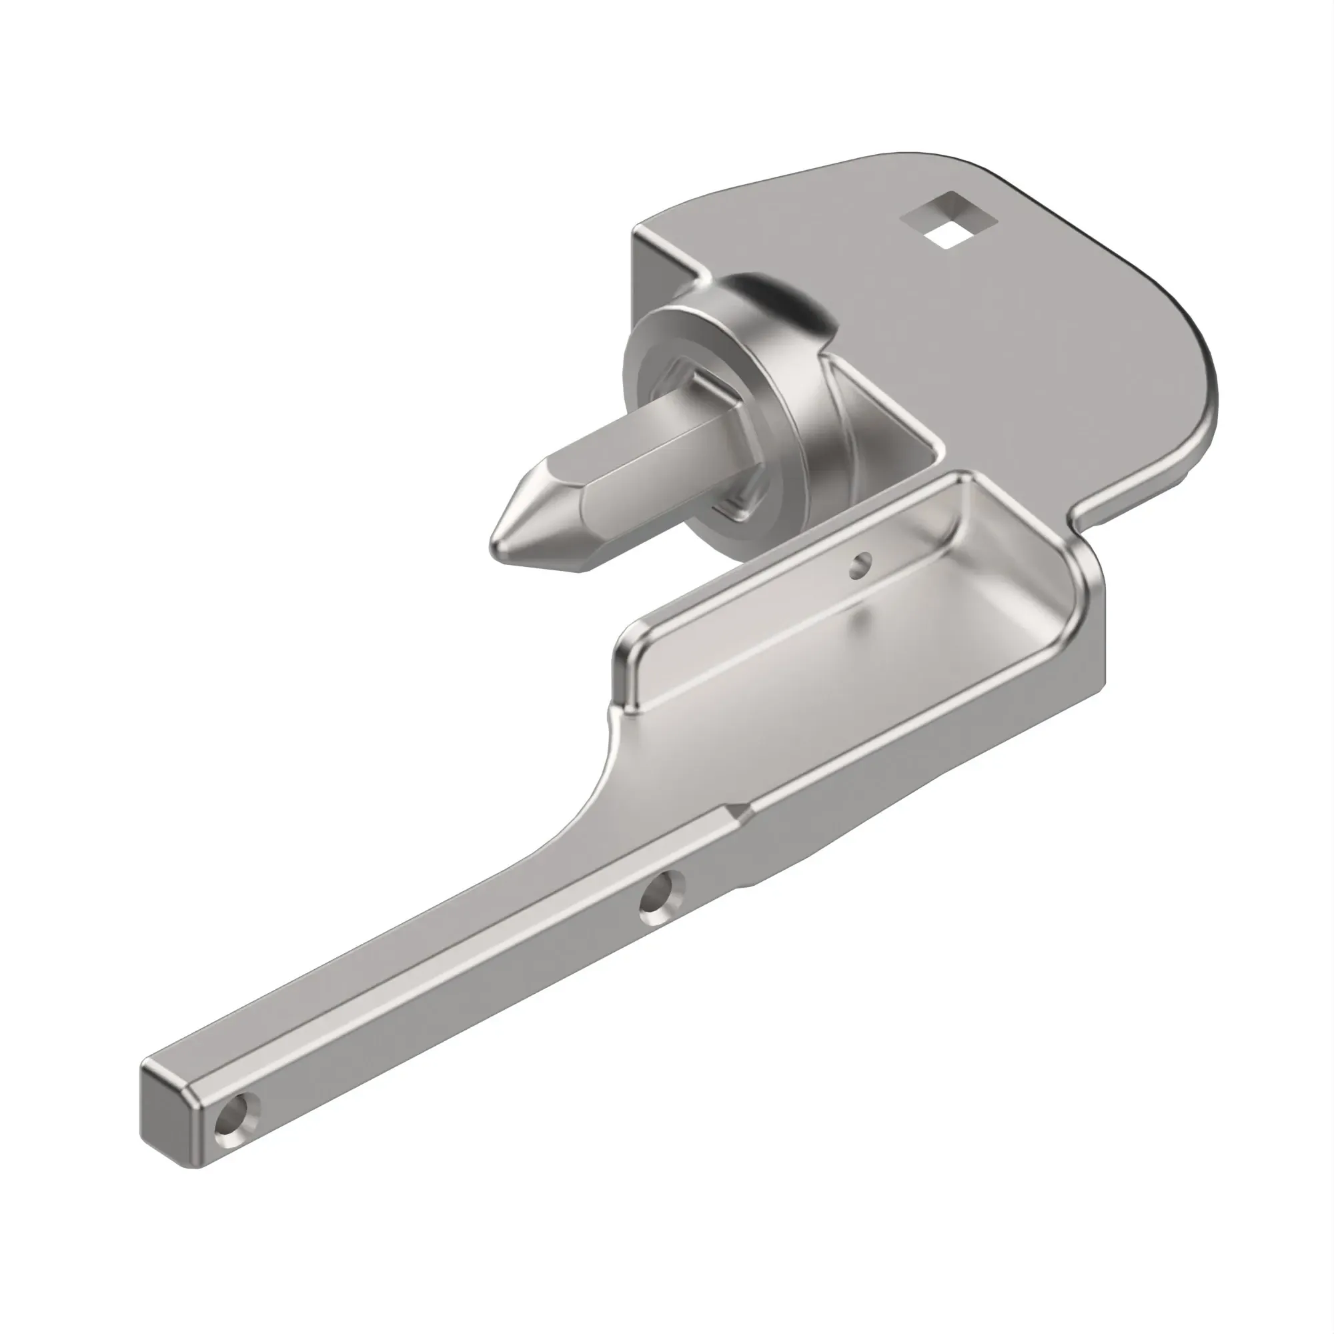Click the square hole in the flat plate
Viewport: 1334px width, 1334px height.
949,219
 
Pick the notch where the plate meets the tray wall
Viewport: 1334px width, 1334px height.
1081,514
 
